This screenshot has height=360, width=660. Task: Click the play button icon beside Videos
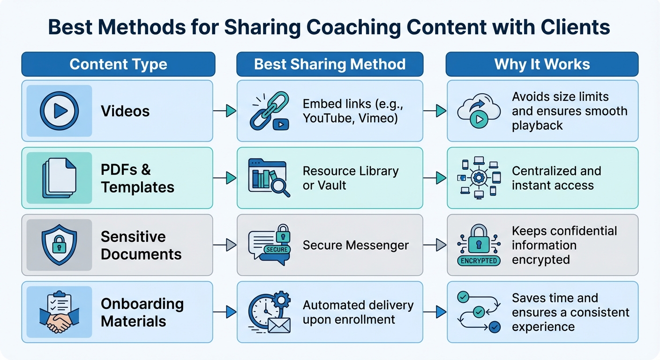(x=60, y=111)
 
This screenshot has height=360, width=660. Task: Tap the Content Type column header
(x=118, y=64)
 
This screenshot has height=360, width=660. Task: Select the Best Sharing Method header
(x=330, y=64)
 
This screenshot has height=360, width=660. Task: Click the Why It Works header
(x=542, y=64)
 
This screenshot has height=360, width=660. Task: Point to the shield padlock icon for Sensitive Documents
(x=60, y=245)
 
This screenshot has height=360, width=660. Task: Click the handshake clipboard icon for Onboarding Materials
(x=60, y=312)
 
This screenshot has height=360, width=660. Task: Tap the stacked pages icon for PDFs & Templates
(x=60, y=178)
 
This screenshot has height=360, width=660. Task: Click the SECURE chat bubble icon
(x=269, y=245)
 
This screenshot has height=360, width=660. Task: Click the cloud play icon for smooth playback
(x=479, y=112)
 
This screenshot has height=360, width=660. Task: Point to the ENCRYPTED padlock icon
(x=479, y=245)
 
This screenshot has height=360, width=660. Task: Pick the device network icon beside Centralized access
(x=479, y=178)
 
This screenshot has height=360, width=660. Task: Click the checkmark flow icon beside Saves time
(x=479, y=312)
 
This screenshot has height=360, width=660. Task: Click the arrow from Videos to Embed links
(x=225, y=111)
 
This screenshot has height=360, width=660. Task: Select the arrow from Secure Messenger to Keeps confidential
(x=435, y=245)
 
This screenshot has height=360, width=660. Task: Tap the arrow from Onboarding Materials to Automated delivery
(x=225, y=312)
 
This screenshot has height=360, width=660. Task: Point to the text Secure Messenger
(x=356, y=245)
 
